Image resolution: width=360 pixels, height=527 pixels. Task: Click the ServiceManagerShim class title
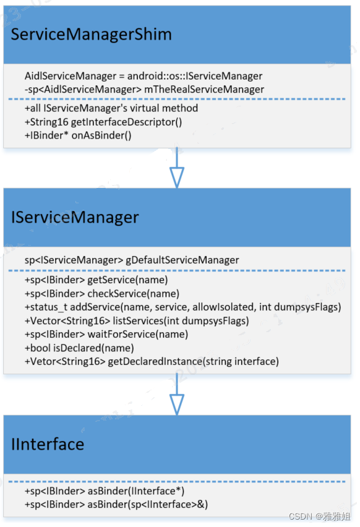(x=91, y=35)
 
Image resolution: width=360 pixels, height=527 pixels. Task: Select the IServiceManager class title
(x=75, y=217)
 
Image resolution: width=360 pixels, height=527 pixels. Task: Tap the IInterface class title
(x=47, y=443)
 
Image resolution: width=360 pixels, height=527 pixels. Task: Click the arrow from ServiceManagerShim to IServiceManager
(x=177, y=169)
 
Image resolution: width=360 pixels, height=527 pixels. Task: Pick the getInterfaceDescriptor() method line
(x=103, y=122)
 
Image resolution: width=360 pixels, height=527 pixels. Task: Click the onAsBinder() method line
(x=79, y=135)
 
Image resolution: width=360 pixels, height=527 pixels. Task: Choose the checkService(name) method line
(x=102, y=293)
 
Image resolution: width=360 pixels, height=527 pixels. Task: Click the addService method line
(x=183, y=307)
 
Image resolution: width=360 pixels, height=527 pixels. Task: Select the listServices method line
(x=137, y=320)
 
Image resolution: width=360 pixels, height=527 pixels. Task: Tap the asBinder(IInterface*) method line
(x=105, y=491)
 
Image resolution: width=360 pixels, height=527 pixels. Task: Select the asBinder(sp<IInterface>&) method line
(x=116, y=505)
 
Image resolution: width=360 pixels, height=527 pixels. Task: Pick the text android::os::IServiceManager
(x=195, y=76)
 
